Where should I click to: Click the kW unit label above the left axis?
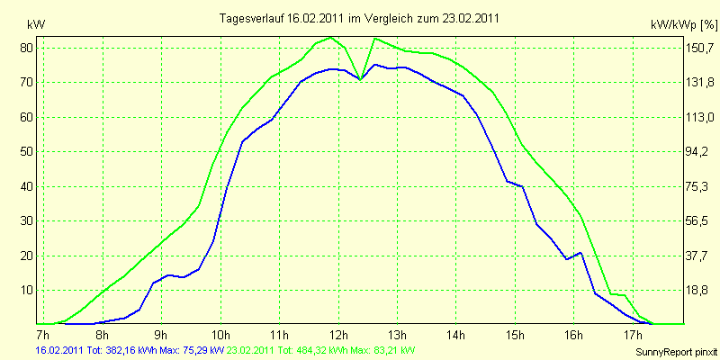[36, 25]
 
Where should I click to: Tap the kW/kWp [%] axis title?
[684, 25]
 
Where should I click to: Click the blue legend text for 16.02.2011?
[130, 351]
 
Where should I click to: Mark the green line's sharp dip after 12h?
[361, 79]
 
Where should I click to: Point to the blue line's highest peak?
[374, 65]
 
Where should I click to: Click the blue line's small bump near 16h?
[581, 253]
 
